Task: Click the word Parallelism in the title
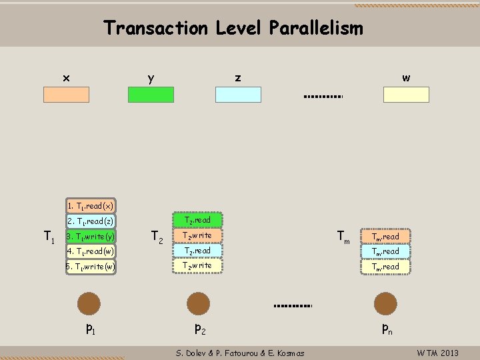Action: tap(316, 29)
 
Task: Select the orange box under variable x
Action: tap(66, 95)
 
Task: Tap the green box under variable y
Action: tap(151, 95)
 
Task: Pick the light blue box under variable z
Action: tap(238, 95)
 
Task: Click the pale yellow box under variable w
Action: tap(406, 95)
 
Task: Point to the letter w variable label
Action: tap(406, 78)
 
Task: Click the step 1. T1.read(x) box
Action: tap(91, 206)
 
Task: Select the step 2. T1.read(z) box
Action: tap(91, 221)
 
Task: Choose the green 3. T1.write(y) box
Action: tap(91, 236)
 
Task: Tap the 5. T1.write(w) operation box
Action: tap(91, 266)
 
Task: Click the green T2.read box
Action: tap(197, 220)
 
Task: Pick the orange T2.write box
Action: tap(197, 235)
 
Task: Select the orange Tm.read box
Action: tap(386, 237)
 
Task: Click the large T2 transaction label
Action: tap(158, 236)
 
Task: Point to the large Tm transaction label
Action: tap(343, 236)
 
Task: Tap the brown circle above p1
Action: tap(89, 303)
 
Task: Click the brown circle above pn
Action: tap(385, 303)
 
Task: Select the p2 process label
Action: tap(199, 328)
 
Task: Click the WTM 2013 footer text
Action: tap(437, 353)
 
